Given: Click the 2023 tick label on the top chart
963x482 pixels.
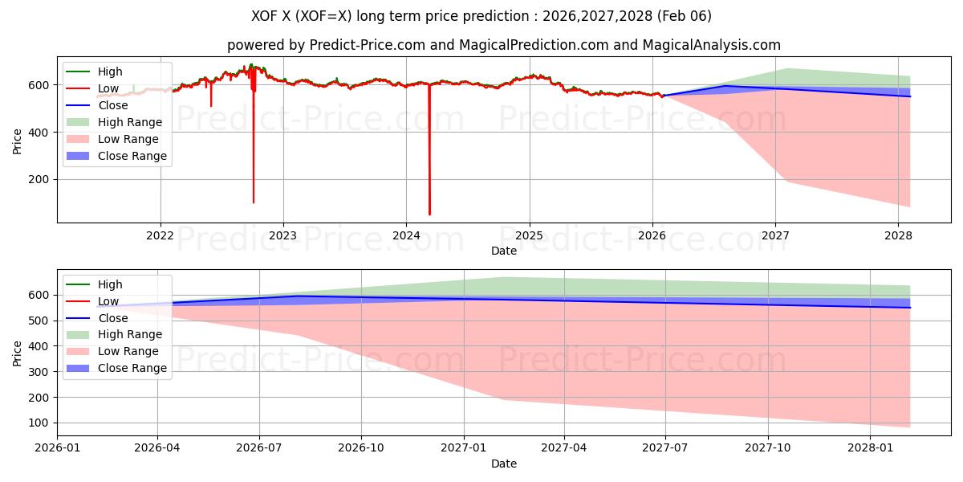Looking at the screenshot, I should pos(282,235).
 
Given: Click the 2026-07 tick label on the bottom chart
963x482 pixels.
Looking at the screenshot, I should pos(259,448).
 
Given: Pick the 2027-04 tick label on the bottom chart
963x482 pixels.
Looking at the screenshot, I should pos(564,448).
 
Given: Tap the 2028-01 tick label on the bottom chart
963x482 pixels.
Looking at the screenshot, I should pos(870,448).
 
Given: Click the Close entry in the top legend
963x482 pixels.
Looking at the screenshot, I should pos(114,105).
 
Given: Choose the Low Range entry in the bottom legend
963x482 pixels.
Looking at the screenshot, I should pos(128,351).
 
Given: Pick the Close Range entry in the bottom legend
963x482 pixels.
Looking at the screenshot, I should pos(132,368).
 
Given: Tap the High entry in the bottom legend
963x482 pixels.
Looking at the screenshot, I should pos(110,284).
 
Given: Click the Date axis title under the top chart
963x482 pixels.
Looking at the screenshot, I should pos(503,251).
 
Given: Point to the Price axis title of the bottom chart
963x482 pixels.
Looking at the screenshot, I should pos(18,353).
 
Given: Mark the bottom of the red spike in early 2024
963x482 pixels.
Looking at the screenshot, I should pos(429,214).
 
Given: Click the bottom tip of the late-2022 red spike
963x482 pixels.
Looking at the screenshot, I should pos(254,202).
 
